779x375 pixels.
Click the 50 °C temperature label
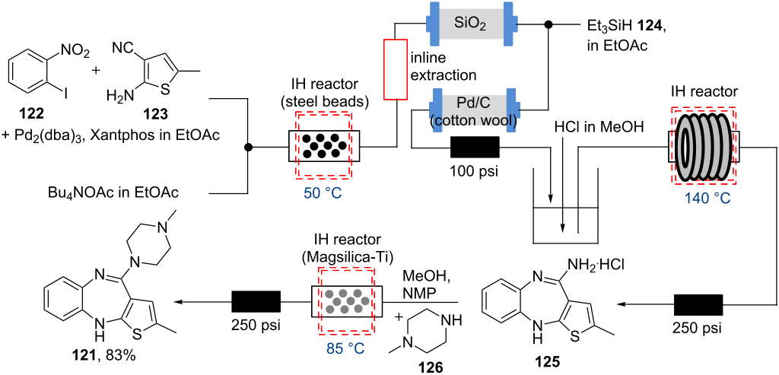point(323,192)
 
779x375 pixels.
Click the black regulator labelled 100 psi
point(475,147)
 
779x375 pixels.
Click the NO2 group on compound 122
point(75,52)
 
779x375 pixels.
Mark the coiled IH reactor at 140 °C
point(703,145)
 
